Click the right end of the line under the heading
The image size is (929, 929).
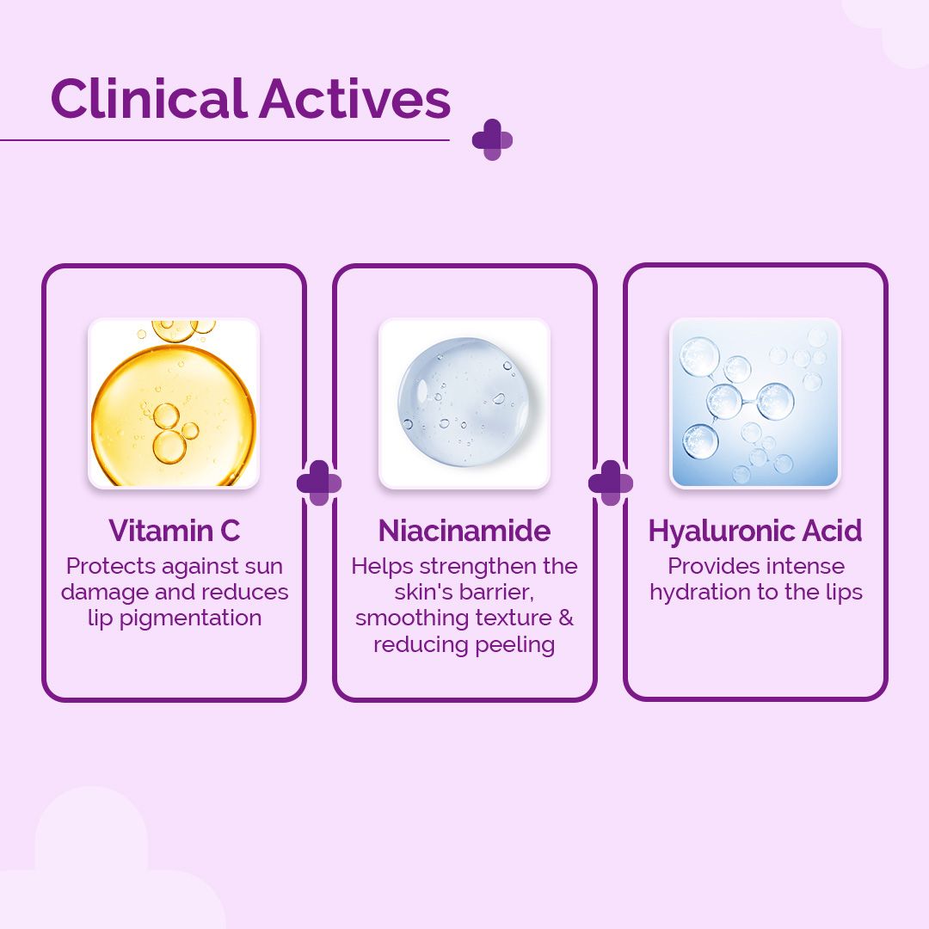tap(449, 140)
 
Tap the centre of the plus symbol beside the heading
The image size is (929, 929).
tap(492, 140)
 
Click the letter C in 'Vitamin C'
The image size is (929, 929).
tap(231, 530)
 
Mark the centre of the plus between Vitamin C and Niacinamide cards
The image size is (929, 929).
tap(319, 483)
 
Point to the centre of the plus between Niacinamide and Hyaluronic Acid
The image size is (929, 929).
tap(610, 483)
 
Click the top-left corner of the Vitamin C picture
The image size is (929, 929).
tap(89, 319)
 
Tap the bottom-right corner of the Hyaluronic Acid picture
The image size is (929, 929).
tap(840, 489)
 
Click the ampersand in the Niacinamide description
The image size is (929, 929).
tap(566, 618)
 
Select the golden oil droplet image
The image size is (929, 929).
tap(174, 403)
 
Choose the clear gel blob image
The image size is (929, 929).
tap(464, 403)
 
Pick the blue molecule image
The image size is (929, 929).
tap(755, 403)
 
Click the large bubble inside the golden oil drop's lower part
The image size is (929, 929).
tap(169, 446)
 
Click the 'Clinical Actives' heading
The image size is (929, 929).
tap(250, 98)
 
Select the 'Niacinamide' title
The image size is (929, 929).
tap(464, 530)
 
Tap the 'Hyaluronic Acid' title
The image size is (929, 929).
tap(755, 530)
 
